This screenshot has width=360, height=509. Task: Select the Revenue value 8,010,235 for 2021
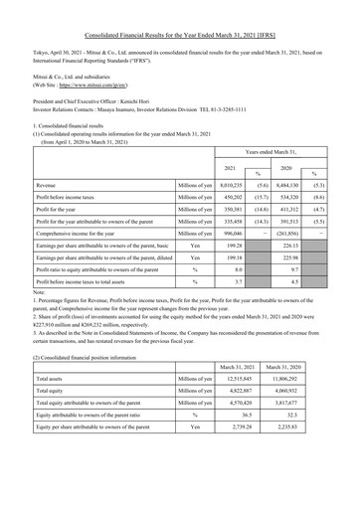point(232,185)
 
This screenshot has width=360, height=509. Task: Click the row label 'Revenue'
point(46,185)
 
